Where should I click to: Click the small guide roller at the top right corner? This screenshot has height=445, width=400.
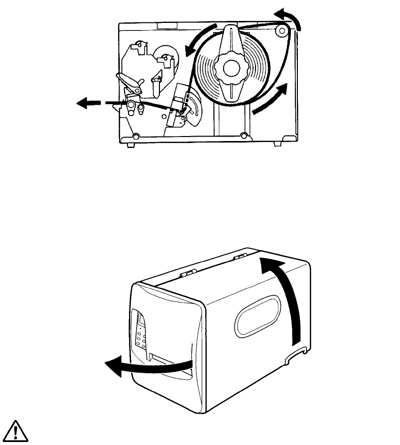tap(282, 32)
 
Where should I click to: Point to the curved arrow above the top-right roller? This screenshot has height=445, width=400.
tap(290, 18)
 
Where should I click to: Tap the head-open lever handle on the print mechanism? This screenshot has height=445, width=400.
tap(126, 79)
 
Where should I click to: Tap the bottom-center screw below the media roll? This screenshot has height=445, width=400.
tap(243, 135)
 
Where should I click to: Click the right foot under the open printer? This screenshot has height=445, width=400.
tap(277, 144)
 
